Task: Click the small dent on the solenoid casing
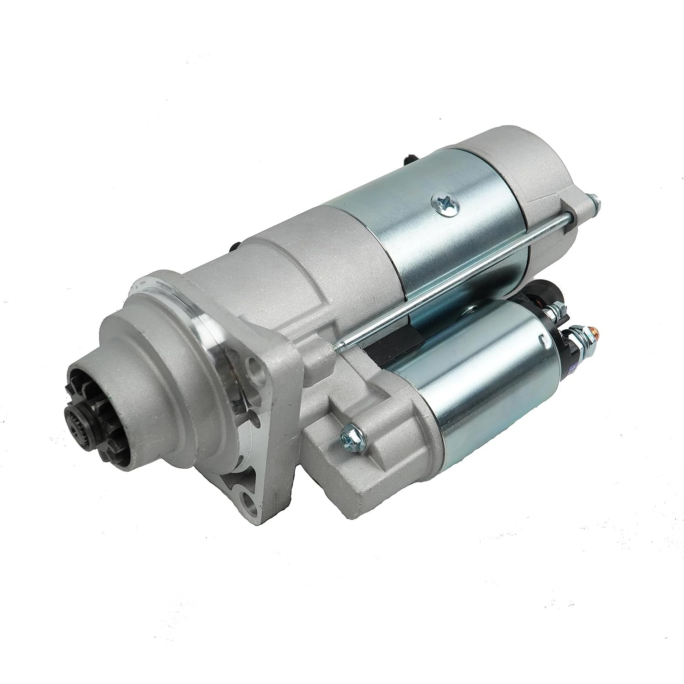(x=542, y=338)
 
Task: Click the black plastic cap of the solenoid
(x=549, y=292)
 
